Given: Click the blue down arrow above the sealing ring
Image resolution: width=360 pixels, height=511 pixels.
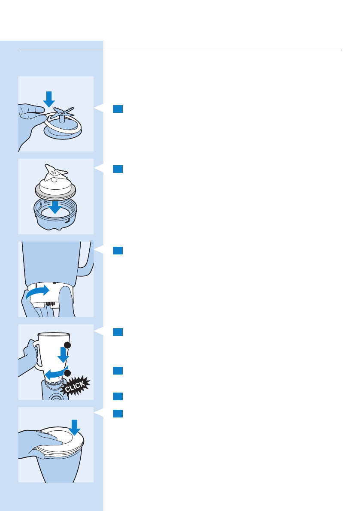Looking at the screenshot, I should [x=49, y=99].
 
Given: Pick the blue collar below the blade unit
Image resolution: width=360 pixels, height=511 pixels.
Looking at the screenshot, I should [x=56, y=217].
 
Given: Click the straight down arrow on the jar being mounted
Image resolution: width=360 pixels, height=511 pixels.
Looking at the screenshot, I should [x=63, y=355].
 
